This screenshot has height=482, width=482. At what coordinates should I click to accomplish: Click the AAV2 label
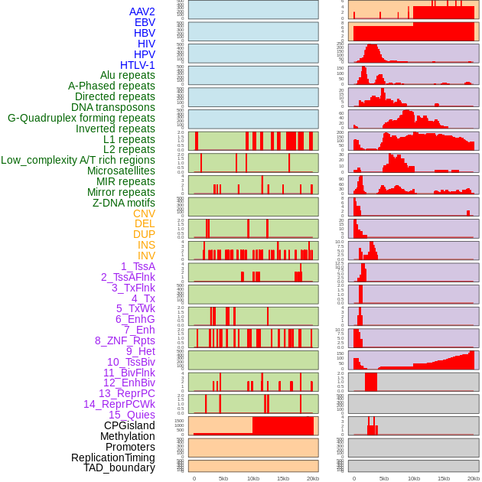[x=142, y=11]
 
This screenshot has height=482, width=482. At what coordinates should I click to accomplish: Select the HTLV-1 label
[x=137, y=65]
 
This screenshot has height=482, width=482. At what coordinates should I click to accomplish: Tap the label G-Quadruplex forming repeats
[x=81, y=118]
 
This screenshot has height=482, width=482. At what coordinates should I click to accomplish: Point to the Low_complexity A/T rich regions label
[x=78, y=160]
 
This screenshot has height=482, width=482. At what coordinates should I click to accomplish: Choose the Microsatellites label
[x=121, y=171]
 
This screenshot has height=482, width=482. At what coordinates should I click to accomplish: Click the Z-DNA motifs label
[x=123, y=203]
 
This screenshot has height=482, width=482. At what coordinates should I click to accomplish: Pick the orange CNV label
[x=144, y=213]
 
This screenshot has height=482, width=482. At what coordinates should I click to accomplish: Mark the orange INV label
[x=146, y=256]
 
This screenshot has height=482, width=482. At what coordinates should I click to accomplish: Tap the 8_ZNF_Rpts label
[x=125, y=340]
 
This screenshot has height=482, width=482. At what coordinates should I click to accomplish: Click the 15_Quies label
[x=132, y=415]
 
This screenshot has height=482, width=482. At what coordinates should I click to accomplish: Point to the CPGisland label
[x=129, y=425]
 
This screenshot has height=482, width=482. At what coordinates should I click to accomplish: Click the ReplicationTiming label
[x=112, y=458]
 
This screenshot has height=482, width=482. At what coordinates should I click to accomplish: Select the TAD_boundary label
[x=119, y=467]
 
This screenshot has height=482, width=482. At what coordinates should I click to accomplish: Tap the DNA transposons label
[x=112, y=107]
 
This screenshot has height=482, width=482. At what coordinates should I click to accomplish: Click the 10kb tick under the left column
[x=252, y=478]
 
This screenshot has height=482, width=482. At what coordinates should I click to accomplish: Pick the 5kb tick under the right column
[x=383, y=478]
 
